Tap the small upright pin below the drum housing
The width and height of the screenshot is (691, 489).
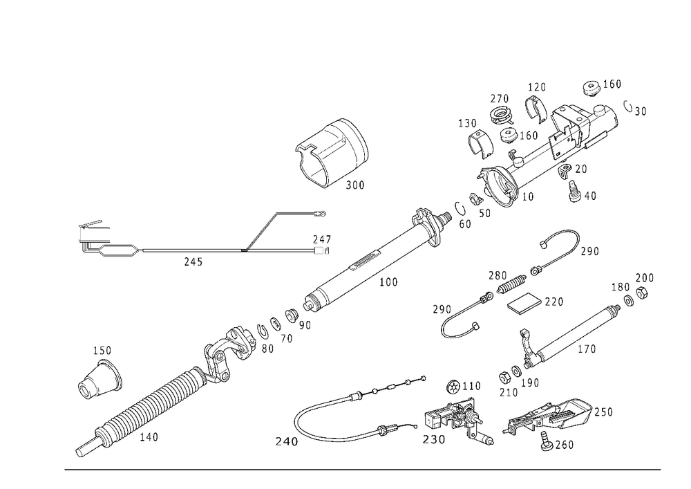click(319, 243)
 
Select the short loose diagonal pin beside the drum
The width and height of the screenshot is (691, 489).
click(262, 228)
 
